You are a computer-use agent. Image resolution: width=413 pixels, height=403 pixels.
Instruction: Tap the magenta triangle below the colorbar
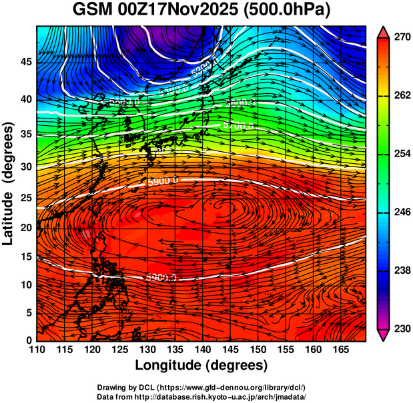(x=383, y=335)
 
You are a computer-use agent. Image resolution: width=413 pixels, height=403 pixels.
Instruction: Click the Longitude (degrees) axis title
(x=201, y=366)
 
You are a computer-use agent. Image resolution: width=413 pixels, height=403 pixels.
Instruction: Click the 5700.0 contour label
(x=238, y=125)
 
